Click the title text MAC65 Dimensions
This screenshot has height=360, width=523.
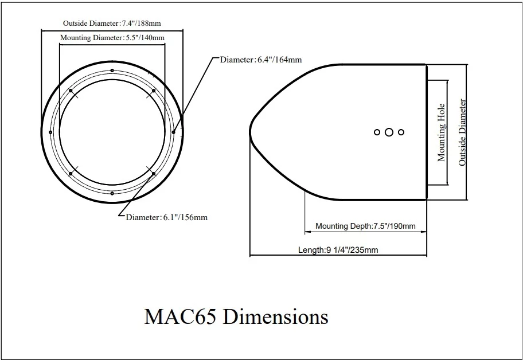pos(236,317)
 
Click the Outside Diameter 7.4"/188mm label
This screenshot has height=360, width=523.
pos(111,23)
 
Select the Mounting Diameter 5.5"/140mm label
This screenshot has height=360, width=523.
pos(112,38)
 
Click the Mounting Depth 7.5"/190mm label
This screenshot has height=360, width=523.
pos(365,226)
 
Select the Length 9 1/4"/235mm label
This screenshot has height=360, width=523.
pos(338,250)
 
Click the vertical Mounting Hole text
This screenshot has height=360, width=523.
pos(442,132)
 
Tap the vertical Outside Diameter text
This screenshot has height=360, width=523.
pos(462,132)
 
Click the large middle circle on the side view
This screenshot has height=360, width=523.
pos(389,132)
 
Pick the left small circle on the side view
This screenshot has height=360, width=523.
pos(377,132)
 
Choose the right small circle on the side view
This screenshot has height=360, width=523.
pos(401,132)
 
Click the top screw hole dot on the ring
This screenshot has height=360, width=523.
pos(112,71)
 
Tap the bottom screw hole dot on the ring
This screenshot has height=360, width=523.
pos(112,194)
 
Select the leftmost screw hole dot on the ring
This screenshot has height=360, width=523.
pos(51,132)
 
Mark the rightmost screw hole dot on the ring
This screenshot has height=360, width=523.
pos(174,132)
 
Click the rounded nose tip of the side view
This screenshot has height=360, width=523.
pos(251,132)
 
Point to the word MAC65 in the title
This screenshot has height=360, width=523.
pos(180,317)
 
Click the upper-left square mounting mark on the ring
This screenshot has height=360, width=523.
pos(70,90)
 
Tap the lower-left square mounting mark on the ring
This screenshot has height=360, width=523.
pos(70,173)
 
